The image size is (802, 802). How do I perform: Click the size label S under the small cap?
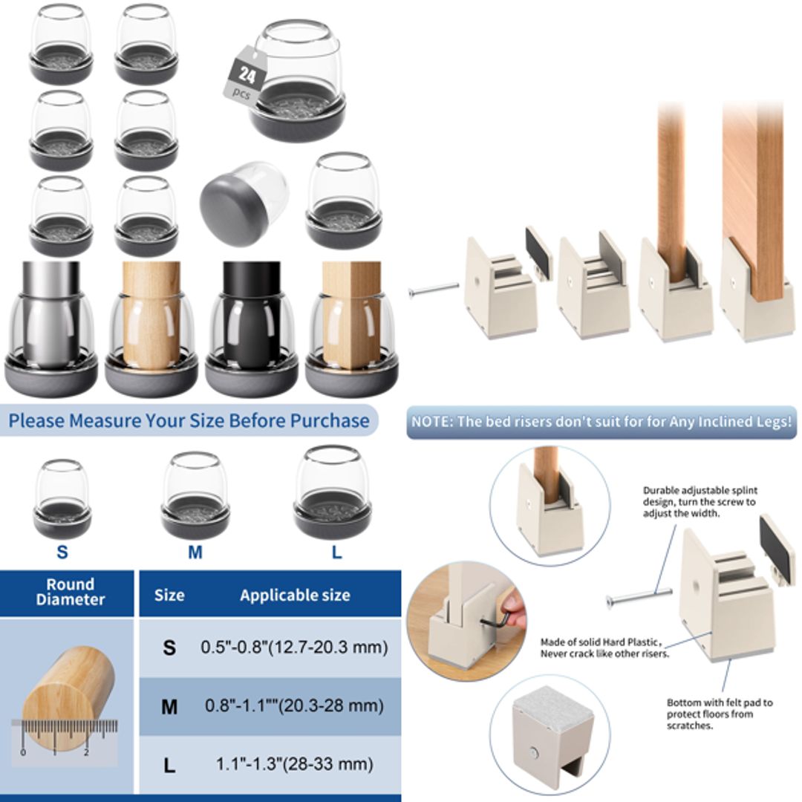click(x=62, y=552)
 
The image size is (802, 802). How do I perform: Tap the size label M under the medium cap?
click(x=195, y=552)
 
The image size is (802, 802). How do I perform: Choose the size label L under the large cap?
click(x=336, y=552)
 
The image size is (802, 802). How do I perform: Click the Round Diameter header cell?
click(x=70, y=592)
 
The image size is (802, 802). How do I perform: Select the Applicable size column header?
click(x=295, y=595)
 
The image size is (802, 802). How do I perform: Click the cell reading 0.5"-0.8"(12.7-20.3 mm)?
click(x=294, y=647)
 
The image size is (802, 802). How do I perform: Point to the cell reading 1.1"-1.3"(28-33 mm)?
click(x=294, y=763)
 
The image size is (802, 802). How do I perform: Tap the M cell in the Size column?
click(x=169, y=705)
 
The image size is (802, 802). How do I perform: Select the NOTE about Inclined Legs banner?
click(x=601, y=421)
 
